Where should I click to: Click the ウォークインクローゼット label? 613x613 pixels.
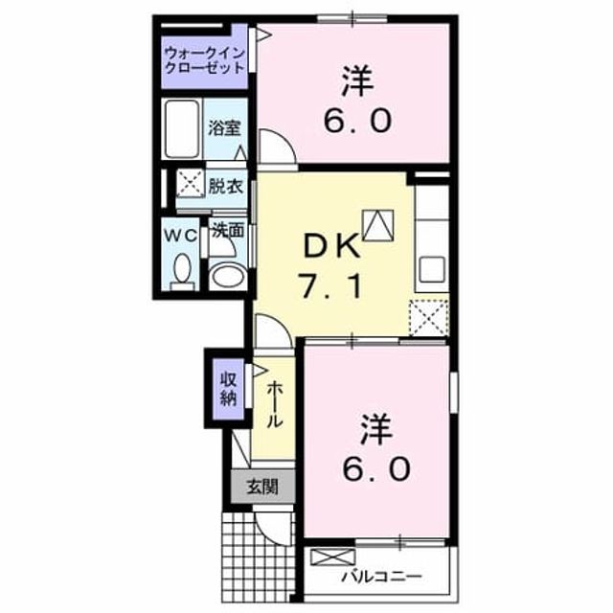(x=204, y=60)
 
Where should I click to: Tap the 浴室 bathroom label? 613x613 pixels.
(x=224, y=127)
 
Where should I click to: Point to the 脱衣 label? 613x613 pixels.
(x=226, y=186)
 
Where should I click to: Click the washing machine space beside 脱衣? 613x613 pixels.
(x=191, y=183)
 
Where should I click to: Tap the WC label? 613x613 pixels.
(x=179, y=236)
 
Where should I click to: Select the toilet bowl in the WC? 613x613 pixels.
(x=182, y=271)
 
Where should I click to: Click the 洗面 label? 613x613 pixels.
(x=228, y=231)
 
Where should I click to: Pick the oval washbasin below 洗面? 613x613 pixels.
(x=228, y=276)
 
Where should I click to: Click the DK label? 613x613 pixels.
(x=331, y=245)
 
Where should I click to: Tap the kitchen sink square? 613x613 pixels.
(x=432, y=269)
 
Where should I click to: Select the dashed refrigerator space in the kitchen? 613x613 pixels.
(x=428, y=318)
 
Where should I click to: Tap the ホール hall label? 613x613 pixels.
(x=275, y=404)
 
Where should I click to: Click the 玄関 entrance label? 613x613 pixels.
(x=262, y=487)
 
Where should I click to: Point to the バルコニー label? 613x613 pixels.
(x=381, y=577)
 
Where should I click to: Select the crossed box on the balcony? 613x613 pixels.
(x=332, y=557)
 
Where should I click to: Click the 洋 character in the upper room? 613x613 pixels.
(x=357, y=80)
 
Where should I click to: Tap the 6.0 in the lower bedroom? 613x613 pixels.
(x=376, y=468)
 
